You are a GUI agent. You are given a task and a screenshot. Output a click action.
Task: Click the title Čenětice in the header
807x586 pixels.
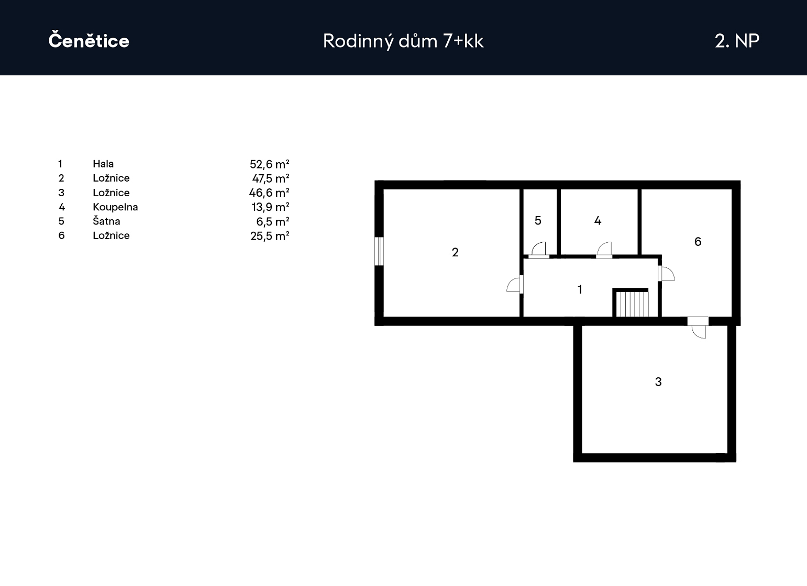89,39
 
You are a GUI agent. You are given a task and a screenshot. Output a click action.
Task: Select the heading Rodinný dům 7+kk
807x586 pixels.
403,41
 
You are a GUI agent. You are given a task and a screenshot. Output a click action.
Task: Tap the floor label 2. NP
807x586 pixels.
737,41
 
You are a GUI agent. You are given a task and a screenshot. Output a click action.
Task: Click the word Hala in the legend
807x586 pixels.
103,164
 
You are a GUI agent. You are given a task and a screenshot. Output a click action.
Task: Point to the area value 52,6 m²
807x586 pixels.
270,164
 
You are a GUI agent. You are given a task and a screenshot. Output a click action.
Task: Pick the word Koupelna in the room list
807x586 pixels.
115,207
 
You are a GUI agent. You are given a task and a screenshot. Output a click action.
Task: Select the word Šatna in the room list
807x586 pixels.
106,221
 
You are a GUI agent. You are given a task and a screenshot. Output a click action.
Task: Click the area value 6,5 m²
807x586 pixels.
273,221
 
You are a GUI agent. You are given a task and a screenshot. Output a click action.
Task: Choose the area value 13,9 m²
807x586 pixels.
271,207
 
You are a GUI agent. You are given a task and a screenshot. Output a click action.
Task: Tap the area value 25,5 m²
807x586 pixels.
270,236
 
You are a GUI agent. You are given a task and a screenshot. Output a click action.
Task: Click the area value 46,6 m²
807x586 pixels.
269,193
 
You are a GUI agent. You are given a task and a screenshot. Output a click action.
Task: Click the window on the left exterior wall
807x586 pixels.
379,251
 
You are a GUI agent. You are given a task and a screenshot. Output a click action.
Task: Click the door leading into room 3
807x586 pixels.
698,328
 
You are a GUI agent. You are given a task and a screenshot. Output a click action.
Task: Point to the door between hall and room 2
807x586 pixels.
515,285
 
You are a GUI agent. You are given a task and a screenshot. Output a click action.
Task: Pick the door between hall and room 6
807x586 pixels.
666,274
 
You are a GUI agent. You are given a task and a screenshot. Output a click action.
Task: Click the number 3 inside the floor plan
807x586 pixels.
658,381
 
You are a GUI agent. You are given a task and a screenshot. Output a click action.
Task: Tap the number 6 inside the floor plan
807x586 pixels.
698,242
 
